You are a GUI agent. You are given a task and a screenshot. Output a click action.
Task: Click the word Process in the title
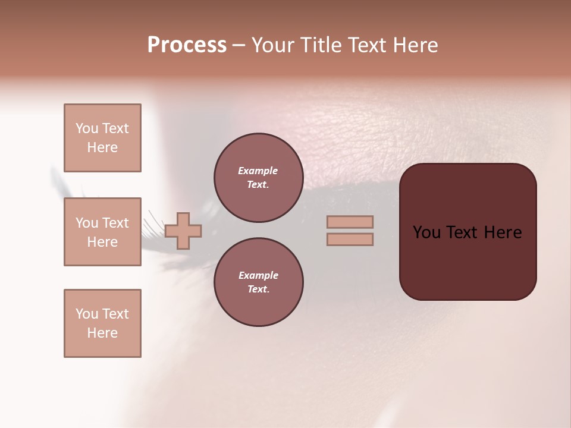(187, 45)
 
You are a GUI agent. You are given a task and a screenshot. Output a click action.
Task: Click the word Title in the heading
(319, 45)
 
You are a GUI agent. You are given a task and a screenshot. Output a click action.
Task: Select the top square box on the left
(102, 138)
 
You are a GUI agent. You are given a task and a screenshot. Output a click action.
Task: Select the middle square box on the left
(102, 232)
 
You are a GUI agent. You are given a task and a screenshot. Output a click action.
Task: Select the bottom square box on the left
(102, 323)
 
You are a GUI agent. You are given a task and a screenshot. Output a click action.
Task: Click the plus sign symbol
(183, 231)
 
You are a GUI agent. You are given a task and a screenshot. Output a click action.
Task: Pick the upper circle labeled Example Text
(258, 177)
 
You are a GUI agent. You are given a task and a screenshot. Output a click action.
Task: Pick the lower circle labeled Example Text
(258, 282)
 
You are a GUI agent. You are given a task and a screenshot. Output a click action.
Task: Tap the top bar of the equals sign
(350, 222)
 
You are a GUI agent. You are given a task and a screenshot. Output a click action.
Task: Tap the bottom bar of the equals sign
(350, 239)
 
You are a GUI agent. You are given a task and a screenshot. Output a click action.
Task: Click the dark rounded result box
(468, 262)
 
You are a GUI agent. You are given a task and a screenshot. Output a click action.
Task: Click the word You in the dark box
(426, 232)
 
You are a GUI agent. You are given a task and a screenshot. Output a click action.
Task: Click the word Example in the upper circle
(258, 171)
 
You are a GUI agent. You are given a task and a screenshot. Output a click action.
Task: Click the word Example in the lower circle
(258, 275)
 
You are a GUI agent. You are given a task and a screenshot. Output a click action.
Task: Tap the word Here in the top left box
(102, 147)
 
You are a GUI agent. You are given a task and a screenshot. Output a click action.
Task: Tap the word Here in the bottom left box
(102, 333)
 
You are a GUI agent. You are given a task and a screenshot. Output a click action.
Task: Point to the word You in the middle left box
(87, 223)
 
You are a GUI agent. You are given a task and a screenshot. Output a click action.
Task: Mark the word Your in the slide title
(273, 45)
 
